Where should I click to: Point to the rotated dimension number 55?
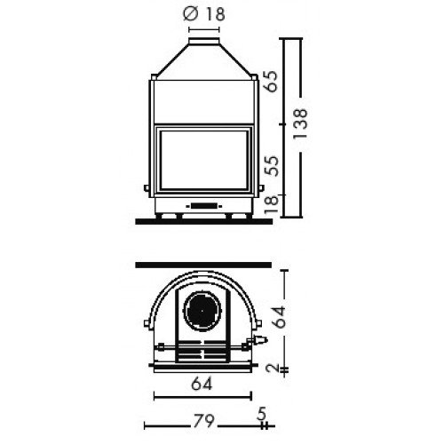[x=274, y=166]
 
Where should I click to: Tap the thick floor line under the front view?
[x=203, y=218]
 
